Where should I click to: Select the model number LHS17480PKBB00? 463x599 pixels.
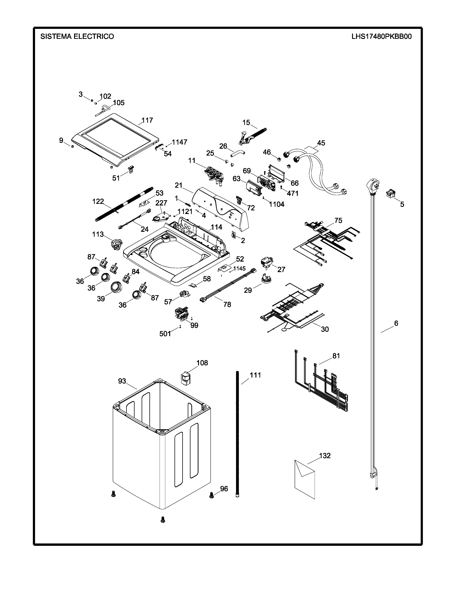381,36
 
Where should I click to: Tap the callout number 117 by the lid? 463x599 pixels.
147,120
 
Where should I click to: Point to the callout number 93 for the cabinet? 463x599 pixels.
122,381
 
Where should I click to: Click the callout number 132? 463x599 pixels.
325,456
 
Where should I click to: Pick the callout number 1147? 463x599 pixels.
179,142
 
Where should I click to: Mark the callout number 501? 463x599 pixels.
165,334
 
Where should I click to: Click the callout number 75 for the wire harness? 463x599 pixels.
338,221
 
